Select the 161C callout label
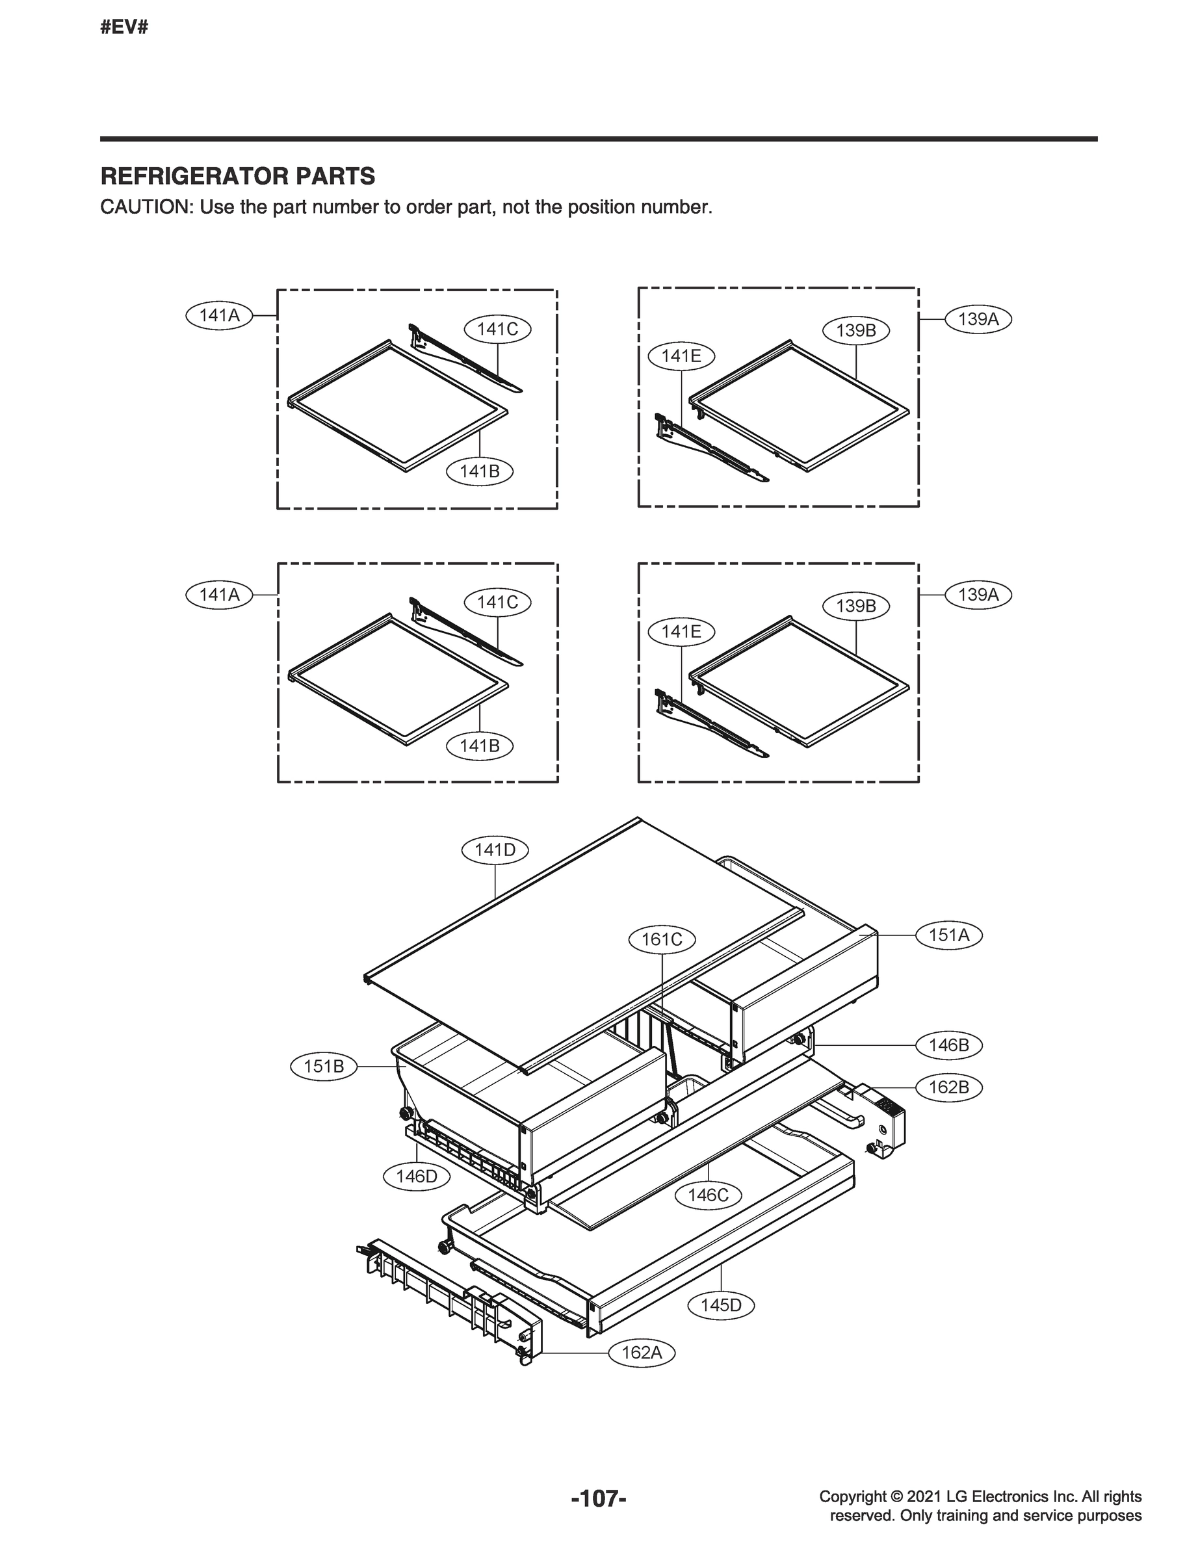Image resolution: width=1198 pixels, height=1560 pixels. coord(662,940)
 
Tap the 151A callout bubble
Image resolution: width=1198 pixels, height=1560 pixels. coord(948,935)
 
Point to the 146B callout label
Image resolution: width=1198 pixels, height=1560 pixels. coord(948,1045)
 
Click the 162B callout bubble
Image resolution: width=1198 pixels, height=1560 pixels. coord(948,1087)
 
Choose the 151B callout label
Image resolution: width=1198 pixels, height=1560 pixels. coord(324,1067)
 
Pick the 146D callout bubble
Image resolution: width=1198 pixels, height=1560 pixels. coord(417,1176)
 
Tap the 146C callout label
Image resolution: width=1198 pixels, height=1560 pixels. coord(708,1195)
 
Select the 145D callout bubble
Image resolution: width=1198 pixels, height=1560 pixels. coord(721,1305)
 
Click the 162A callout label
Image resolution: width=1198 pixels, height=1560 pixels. coord(641,1353)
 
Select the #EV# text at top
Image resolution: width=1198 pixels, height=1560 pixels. coord(124,28)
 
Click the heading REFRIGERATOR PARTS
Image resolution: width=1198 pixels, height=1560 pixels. coord(237,176)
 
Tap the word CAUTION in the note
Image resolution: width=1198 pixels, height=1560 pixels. coord(146,207)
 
